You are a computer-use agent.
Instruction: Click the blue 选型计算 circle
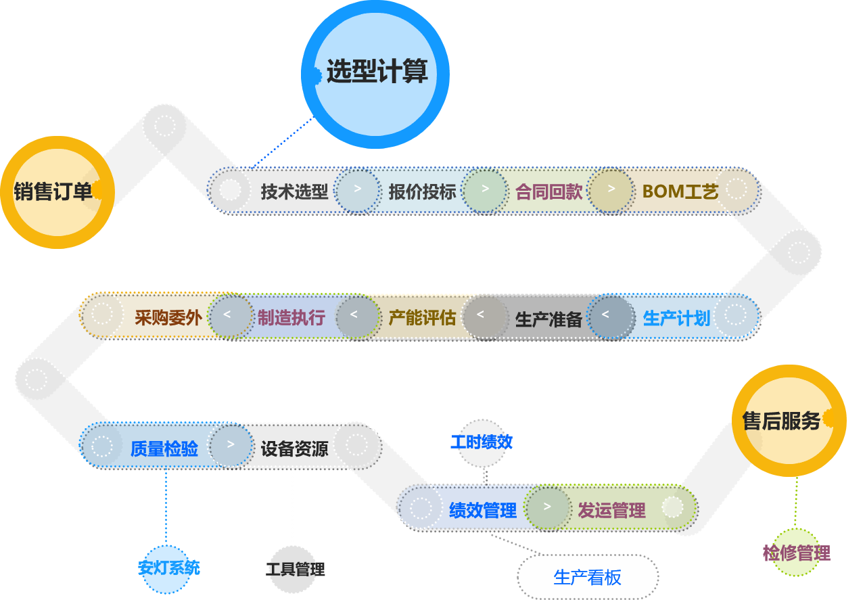(375, 73)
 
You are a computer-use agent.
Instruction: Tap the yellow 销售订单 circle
(53, 192)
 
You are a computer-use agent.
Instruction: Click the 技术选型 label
(294, 191)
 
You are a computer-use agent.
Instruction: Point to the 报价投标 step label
(422, 191)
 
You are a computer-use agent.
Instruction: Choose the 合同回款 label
(548, 191)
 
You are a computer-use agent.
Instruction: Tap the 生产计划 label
(676, 318)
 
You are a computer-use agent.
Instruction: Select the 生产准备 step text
(548, 319)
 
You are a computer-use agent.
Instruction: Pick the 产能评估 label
(422, 317)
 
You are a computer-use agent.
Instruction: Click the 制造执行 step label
(291, 317)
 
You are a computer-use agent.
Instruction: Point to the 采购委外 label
(168, 317)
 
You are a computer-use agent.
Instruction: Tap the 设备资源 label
(294, 448)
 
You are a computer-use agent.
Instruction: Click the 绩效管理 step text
(482, 509)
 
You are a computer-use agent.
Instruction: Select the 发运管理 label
(611, 509)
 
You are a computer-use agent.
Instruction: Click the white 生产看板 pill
(587, 577)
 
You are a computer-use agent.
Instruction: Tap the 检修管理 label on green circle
(796, 553)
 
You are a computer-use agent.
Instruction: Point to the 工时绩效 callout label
(482, 442)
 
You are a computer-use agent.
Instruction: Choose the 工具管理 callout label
(296, 569)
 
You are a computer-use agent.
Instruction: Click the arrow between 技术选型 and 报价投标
(358, 189)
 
